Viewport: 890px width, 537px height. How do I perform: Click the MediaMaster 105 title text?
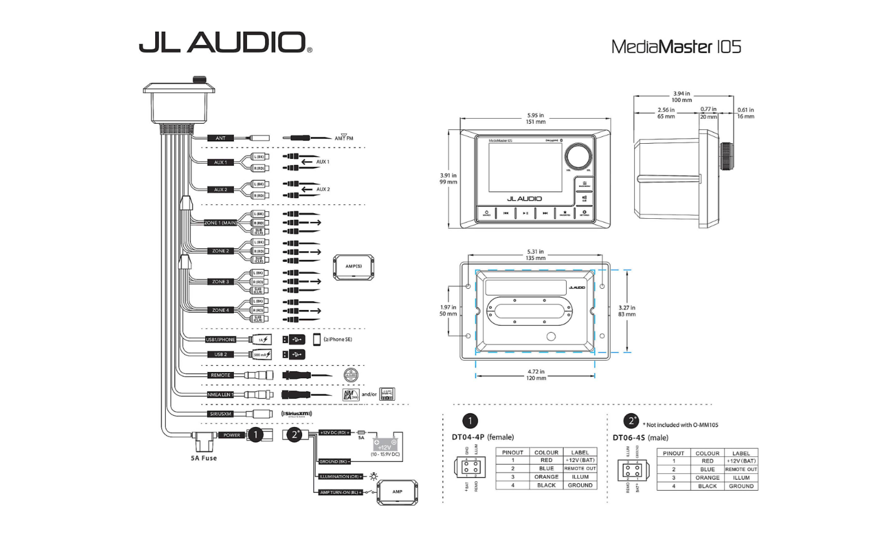(x=675, y=46)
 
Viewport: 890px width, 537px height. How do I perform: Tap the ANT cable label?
(x=220, y=138)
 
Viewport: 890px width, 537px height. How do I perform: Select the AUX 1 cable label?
(x=220, y=163)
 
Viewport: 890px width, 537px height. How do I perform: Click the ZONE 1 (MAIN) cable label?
(x=221, y=223)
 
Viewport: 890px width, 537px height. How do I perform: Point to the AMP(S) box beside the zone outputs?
(x=353, y=266)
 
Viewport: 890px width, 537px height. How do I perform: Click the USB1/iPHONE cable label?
(x=221, y=339)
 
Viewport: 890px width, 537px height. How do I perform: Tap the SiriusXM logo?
(x=296, y=414)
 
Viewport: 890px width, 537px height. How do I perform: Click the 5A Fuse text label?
(x=204, y=458)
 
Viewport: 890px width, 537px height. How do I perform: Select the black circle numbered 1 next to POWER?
(x=255, y=435)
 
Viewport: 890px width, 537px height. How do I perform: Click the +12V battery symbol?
(x=385, y=445)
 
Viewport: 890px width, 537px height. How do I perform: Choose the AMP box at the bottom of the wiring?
(x=397, y=492)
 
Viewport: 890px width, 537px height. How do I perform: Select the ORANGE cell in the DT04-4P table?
(x=546, y=476)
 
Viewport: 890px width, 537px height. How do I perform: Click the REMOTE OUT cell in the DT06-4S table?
(x=741, y=469)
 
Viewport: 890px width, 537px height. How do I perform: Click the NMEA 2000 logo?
(x=350, y=394)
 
